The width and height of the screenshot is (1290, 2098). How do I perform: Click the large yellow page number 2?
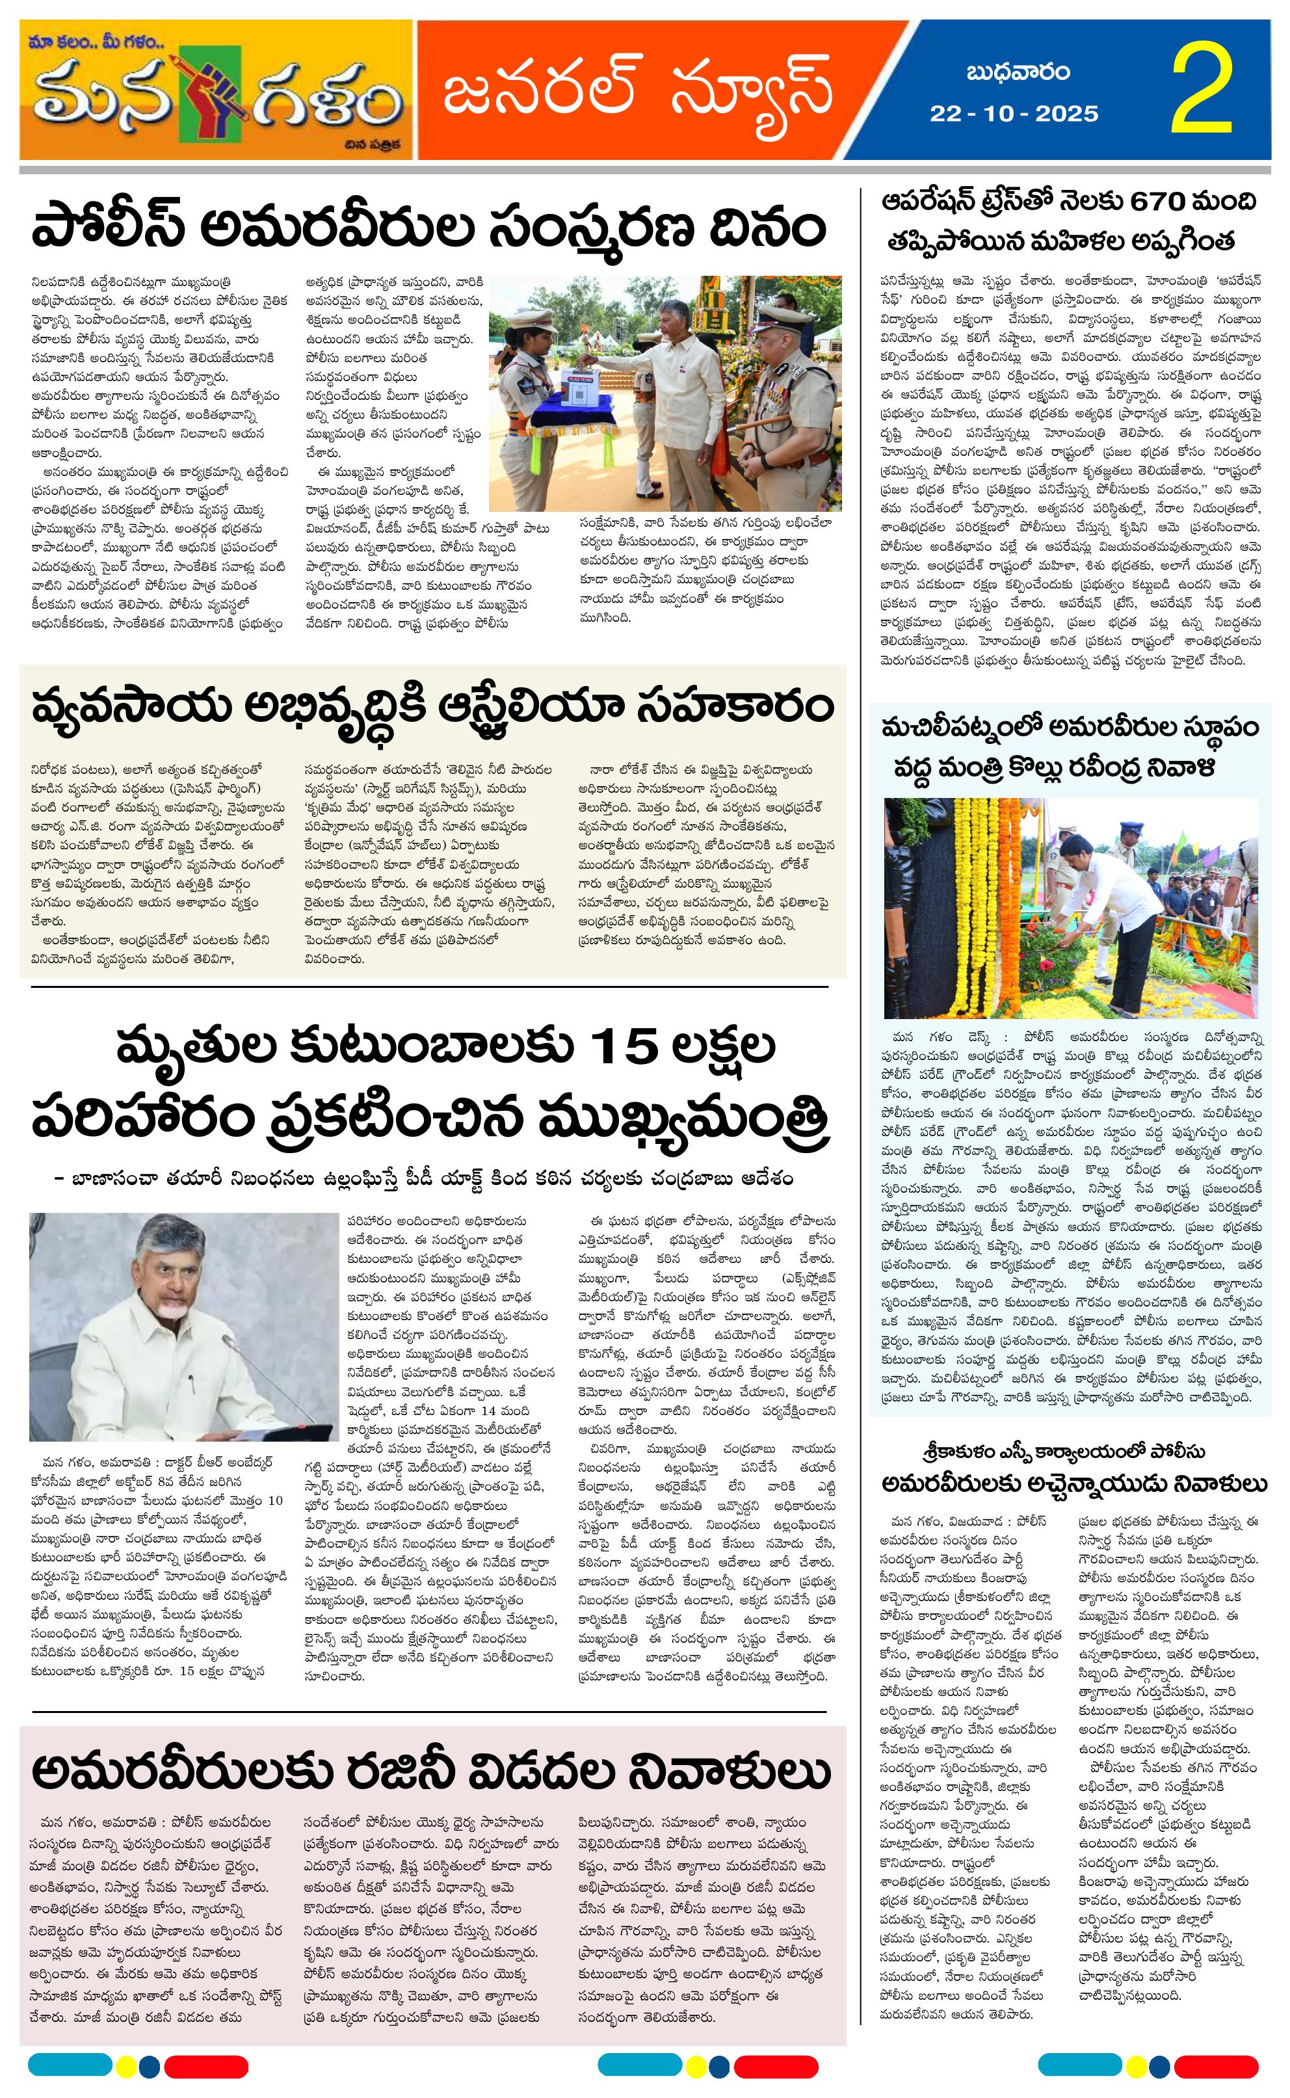pyautogui.click(x=1202, y=90)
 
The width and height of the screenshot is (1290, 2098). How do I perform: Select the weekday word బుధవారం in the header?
pyautogui.click(x=1018, y=73)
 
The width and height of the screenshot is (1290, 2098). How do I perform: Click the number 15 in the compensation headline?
pyautogui.click(x=612, y=1048)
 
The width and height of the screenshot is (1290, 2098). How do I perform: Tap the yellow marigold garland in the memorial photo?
pyautogui.click(x=990, y=879)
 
